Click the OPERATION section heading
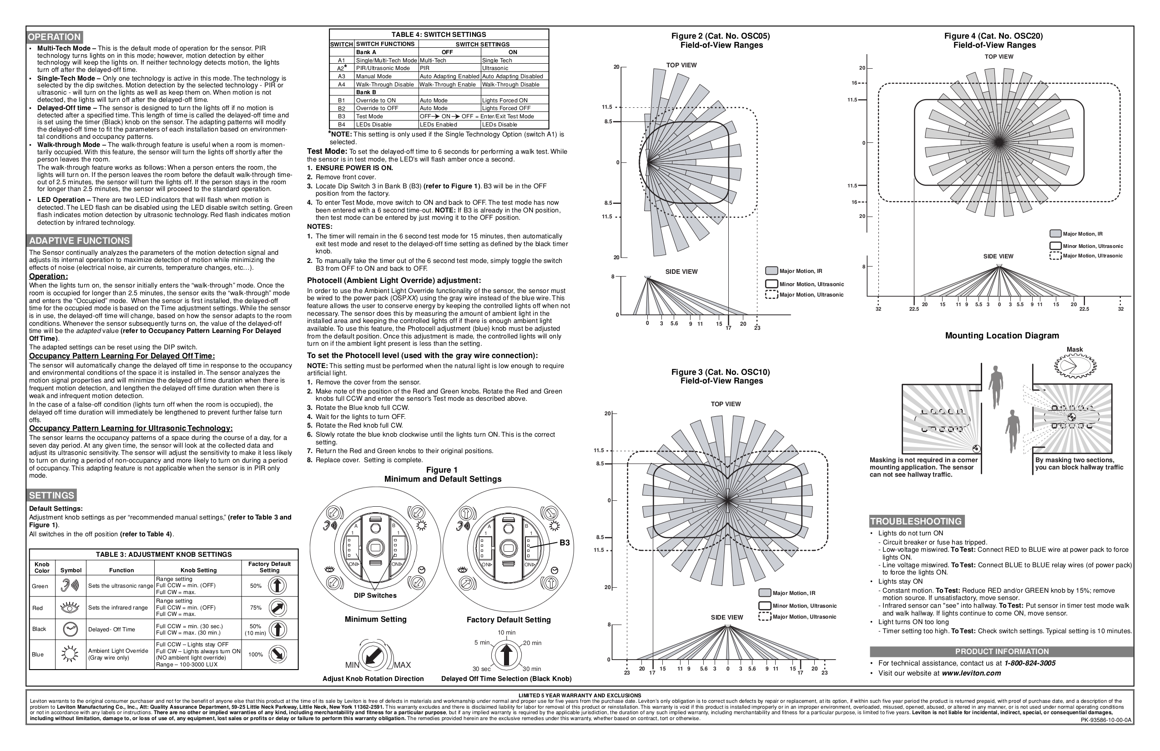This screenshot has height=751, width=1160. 54,37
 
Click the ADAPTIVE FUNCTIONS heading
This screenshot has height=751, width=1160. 80,241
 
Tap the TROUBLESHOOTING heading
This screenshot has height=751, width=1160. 916,521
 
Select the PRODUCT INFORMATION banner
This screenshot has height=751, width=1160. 1002,651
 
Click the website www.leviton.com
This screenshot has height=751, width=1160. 971,674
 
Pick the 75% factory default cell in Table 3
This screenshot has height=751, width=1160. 255,608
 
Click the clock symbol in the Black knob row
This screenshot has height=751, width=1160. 70,629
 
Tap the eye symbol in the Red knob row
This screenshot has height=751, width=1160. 70,608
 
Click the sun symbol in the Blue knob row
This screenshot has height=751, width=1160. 70,654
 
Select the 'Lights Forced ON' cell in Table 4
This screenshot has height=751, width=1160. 504,101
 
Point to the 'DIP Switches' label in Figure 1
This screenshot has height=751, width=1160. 375,595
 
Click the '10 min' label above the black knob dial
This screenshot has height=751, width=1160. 506,633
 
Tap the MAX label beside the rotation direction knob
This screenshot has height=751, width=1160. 403,665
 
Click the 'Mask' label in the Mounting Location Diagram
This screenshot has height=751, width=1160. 1074,349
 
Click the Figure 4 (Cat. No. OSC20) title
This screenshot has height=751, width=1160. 994,36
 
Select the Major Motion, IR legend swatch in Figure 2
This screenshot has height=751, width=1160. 771,271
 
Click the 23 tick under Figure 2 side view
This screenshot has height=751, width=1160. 757,328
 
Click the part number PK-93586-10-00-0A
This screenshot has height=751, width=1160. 1106,720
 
